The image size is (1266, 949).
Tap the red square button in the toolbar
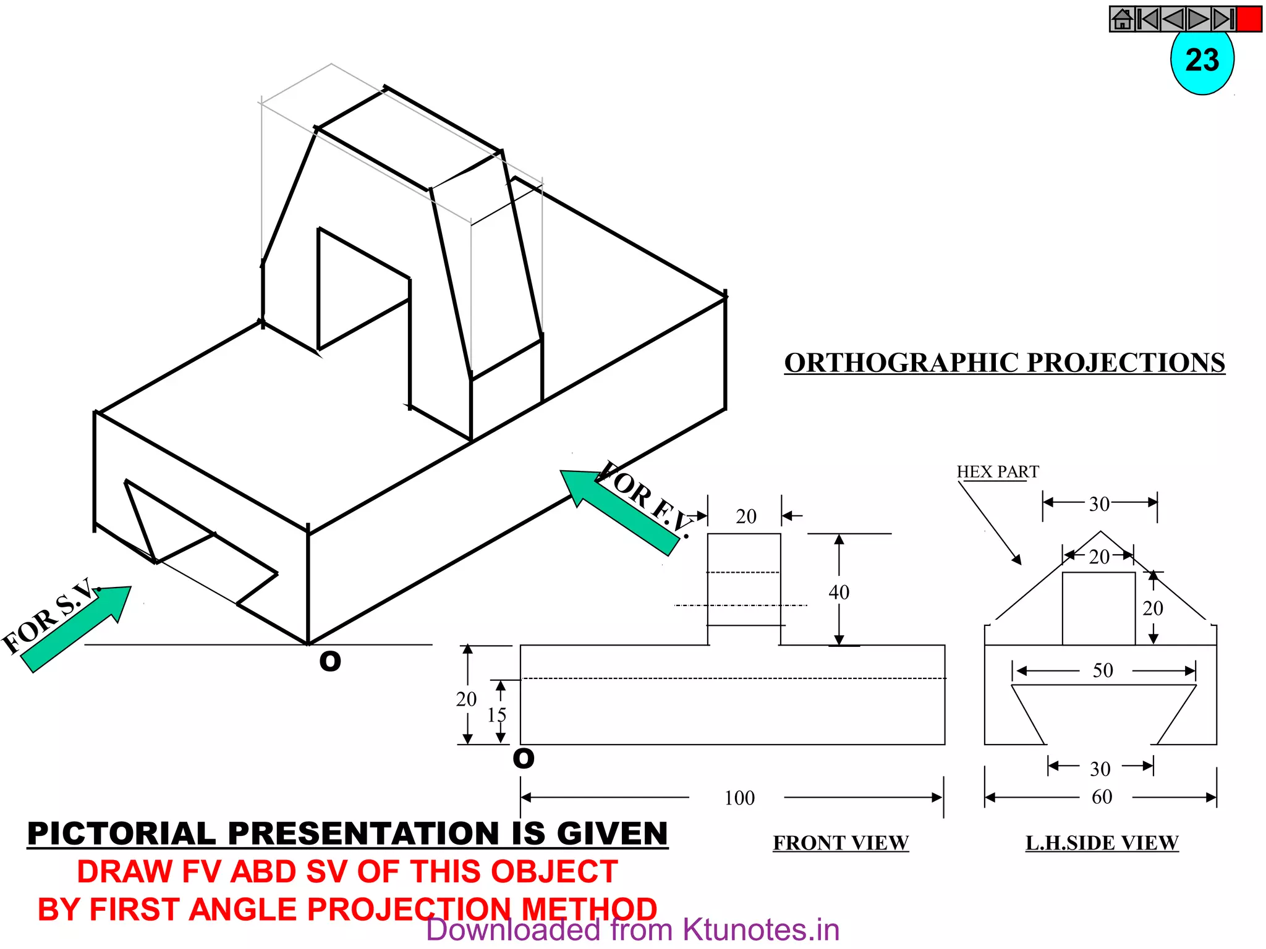[x=1249, y=19]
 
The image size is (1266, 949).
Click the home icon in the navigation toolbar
[x=1122, y=19]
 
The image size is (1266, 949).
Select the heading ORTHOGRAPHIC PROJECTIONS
[x=1005, y=363]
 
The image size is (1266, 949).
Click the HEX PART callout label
[x=997, y=472]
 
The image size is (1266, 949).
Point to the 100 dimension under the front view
[x=739, y=798]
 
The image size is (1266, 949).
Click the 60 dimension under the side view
[x=1102, y=797]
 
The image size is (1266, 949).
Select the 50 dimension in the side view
[x=1103, y=670]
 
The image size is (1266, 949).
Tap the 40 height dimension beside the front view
[x=839, y=592]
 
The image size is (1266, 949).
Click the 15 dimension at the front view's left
[x=496, y=715]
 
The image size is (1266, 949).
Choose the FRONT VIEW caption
[x=841, y=843]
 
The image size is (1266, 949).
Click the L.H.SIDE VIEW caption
[x=1102, y=843]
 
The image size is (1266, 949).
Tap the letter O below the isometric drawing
[x=330, y=662]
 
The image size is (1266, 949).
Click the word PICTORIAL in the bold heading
[x=122, y=833]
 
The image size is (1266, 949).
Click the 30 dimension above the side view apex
[x=1099, y=504]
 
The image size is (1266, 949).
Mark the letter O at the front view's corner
[x=524, y=758]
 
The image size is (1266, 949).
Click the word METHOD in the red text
[x=589, y=909]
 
